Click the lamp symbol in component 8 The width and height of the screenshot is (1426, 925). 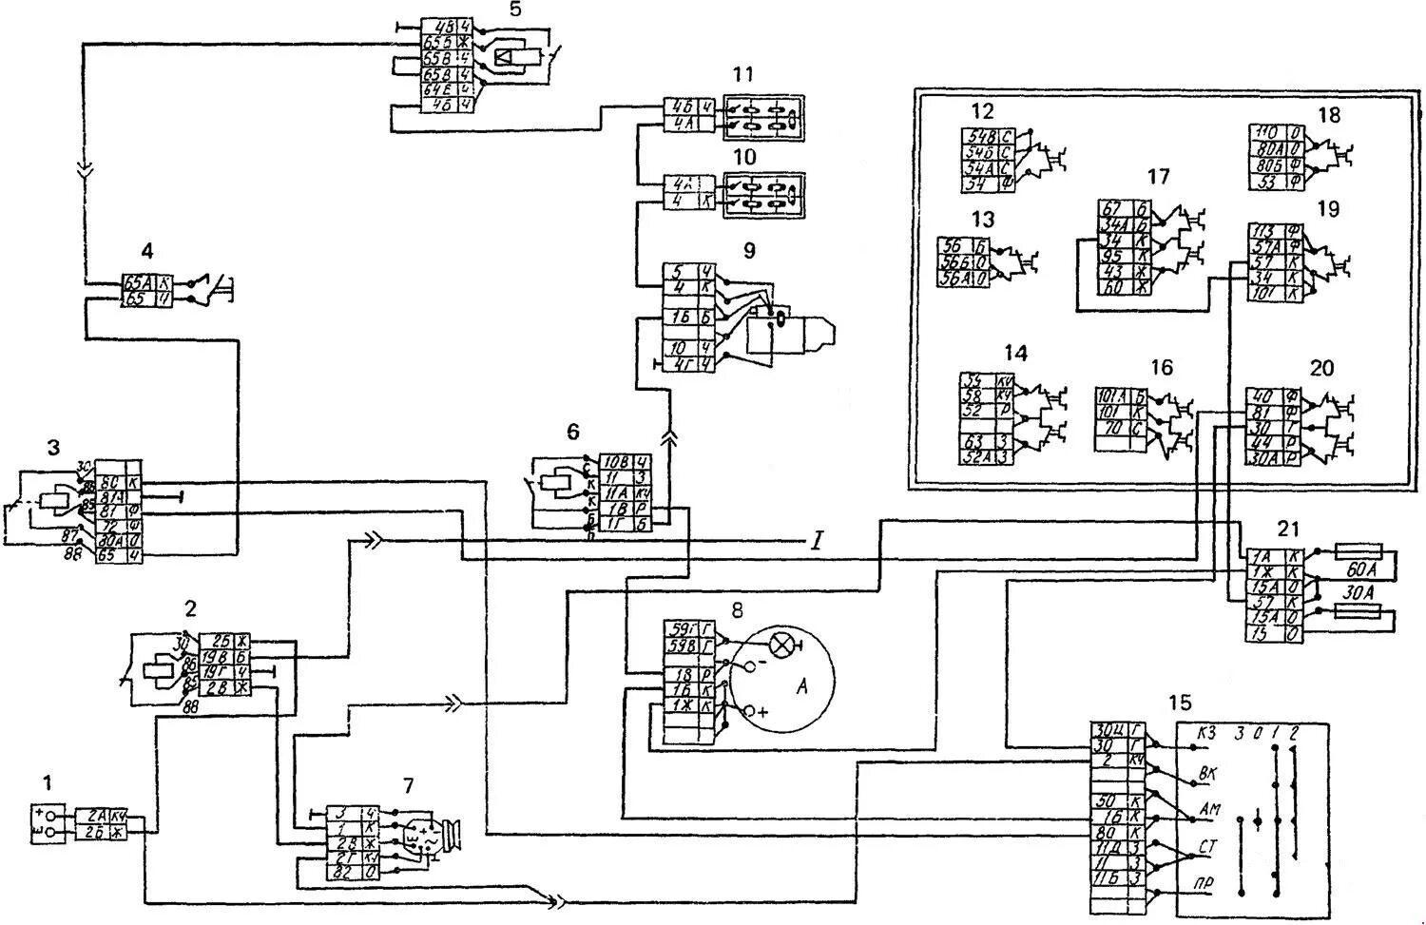(x=782, y=646)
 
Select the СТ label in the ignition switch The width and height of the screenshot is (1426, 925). (x=1206, y=844)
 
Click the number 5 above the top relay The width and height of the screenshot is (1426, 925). (x=513, y=12)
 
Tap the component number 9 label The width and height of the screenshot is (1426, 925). (x=749, y=251)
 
